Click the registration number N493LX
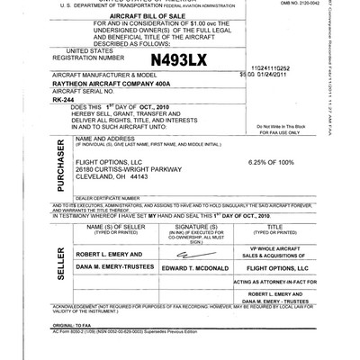(178, 60)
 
